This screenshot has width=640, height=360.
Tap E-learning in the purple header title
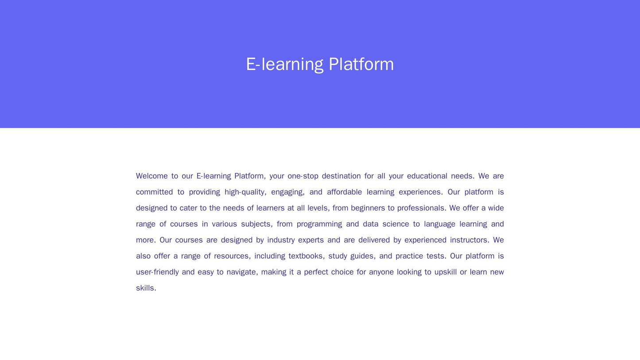(284, 64)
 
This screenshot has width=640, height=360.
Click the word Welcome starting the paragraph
(152, 176)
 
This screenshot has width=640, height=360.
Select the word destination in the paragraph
(341, 176)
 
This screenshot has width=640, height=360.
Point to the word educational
(427, 176)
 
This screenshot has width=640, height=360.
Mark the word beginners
(366, 208)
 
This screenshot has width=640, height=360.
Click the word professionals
(422, 208)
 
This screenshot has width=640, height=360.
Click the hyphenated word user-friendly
(157, 272)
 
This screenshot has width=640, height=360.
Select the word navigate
(242, 272)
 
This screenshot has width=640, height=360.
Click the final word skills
(146, 288)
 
